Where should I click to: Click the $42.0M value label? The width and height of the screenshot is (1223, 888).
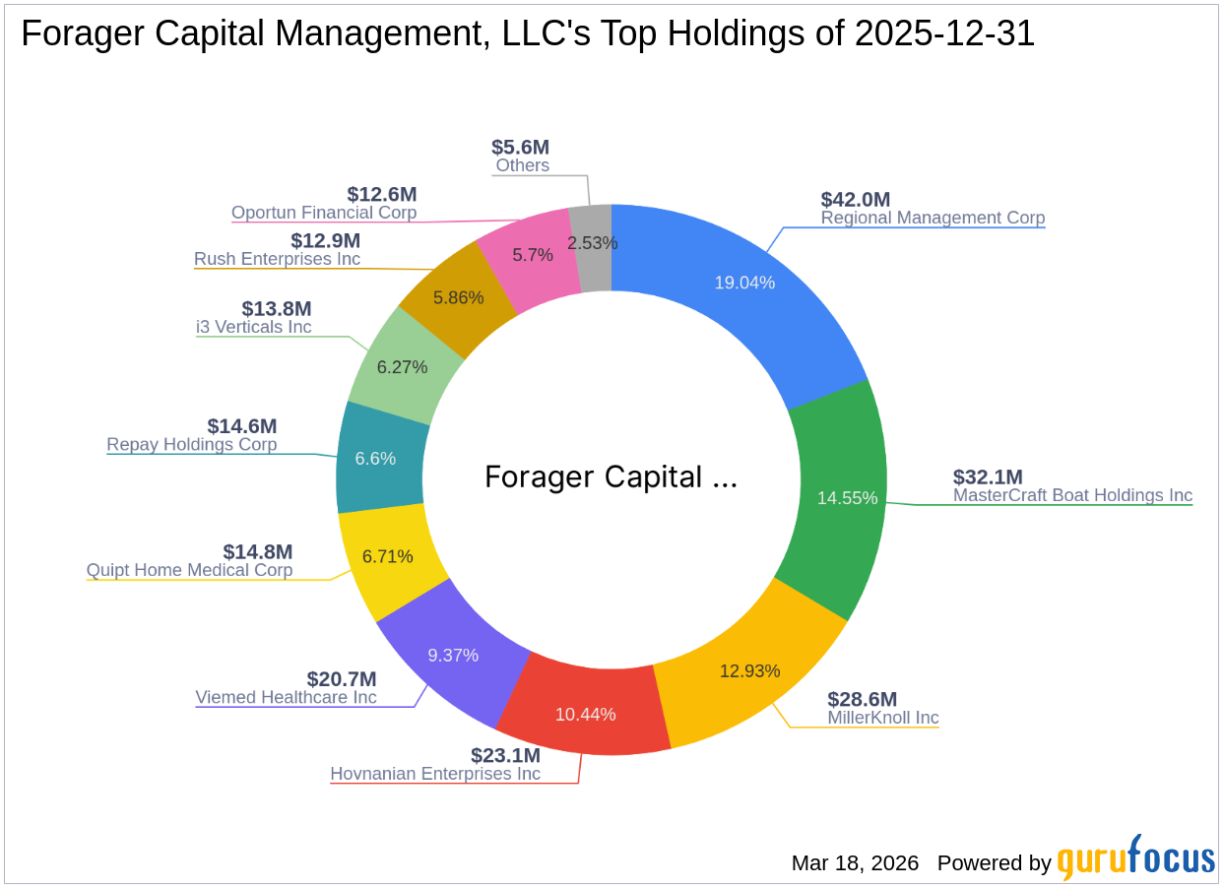point(855,200)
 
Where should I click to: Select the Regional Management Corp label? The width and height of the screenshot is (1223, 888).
point(933,218)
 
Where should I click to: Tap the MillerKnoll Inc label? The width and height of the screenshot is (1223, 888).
point(882,718)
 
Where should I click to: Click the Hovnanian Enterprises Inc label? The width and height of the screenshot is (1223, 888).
point(435,774)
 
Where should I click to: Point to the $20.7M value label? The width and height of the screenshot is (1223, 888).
point(341,679)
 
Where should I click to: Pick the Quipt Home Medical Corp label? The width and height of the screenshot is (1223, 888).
point(189,570)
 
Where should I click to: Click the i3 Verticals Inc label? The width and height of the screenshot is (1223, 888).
point(253,327)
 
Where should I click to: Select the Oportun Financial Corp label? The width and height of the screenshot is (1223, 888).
point(324,213)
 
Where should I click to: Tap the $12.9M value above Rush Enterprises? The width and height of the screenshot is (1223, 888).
point(325,240)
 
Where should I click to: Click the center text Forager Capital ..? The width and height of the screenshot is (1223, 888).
point(610,477)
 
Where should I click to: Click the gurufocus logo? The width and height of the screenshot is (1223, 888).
point(1135,858)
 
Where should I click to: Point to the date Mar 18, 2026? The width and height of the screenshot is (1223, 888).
point(855,863)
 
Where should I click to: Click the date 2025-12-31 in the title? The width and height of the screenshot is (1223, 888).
point(944,34)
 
